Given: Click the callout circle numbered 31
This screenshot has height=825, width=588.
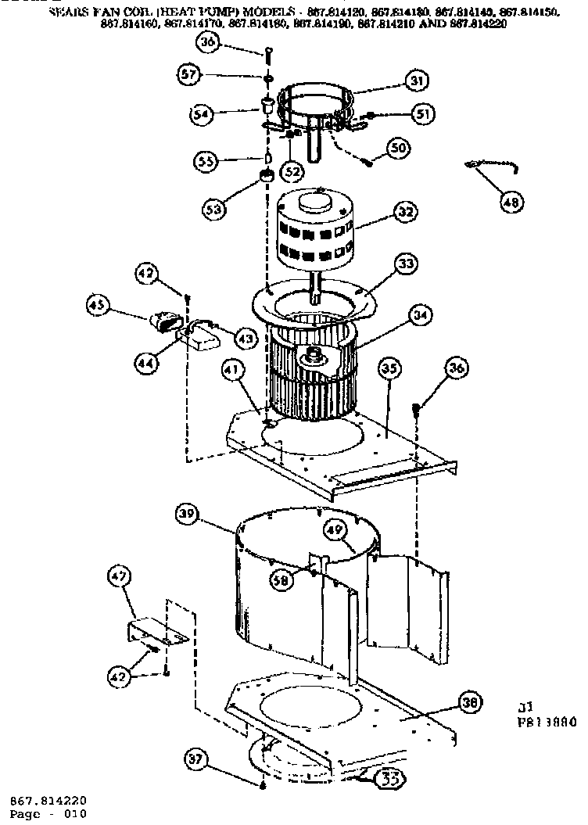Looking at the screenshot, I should coord(418,81).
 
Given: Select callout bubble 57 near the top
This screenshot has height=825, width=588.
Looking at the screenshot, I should coord(189,75).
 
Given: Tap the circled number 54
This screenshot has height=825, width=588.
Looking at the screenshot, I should coord(201,113).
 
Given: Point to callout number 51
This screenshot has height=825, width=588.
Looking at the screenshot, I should coord(422,114).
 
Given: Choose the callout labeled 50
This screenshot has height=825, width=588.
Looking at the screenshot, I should coord(397,147).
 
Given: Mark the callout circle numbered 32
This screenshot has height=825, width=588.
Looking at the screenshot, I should coord(406,212).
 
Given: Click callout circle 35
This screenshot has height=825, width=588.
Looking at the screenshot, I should coord(391,367).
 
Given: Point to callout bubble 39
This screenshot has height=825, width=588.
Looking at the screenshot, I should coord(186,515).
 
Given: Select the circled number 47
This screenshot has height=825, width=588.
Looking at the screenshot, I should coord(117,579).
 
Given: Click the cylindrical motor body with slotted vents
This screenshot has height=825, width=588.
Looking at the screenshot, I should coord(317,231).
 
